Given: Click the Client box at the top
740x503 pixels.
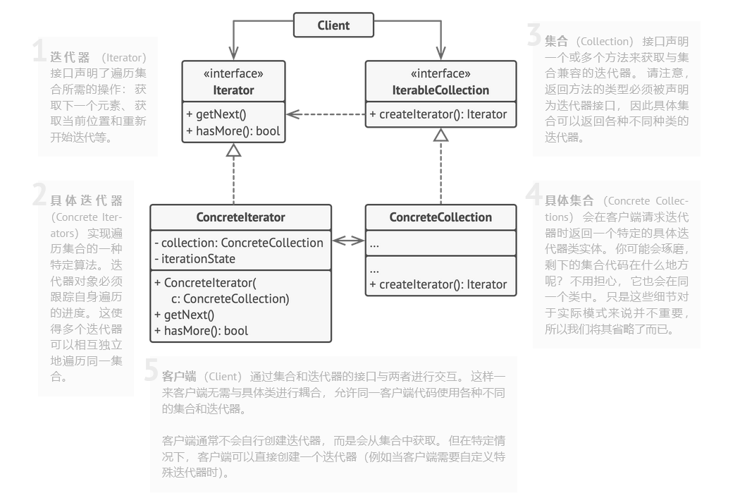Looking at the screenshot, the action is [x=333, y=25].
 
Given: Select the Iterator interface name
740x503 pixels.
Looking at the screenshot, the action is [x=233, y=90].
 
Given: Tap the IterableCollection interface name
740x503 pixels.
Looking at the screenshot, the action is [x=440, y=90].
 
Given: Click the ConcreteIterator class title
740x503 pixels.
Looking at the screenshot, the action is [x=241, y=217].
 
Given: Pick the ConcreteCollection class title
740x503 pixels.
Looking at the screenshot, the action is [x=440, y=217].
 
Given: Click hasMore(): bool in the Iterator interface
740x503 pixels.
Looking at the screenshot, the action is [x=233, y=131].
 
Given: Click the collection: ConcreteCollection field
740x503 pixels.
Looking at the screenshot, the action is [x=239, y=243].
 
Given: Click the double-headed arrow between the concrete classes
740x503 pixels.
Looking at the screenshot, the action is [x=348, y=241].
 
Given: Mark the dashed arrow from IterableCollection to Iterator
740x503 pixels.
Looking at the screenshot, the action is [x=326, y=114].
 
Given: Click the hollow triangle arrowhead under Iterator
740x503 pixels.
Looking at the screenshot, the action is [x=233, y=151].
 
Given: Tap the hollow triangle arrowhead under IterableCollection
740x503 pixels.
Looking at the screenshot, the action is [x=440, y=135].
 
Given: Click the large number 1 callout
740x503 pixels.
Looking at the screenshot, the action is [x=39, y=51].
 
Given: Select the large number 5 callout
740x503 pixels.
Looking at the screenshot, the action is [x=151, y=370].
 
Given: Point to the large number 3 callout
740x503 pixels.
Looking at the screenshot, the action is [x=534, y=35].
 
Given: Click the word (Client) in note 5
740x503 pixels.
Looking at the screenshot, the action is [x=223, y=377].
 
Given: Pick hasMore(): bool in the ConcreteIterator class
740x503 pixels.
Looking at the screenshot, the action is [x=201, y=331].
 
